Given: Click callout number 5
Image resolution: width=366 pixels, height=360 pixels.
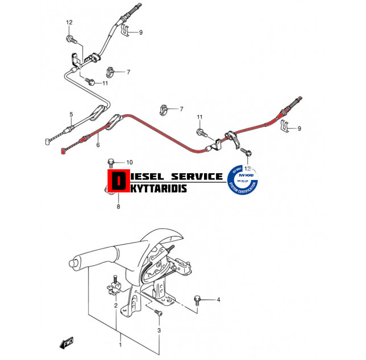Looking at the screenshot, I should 71,115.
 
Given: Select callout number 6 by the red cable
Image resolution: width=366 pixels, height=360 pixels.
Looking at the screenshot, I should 98,145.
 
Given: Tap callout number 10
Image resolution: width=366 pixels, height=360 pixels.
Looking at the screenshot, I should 129,162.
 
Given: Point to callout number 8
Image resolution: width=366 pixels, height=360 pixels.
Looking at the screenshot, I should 118,207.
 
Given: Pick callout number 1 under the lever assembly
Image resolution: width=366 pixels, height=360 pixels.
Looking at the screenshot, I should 120,345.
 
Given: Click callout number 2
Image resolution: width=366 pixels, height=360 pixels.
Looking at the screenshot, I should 115,305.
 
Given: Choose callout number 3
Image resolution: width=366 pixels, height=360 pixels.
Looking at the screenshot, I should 159,330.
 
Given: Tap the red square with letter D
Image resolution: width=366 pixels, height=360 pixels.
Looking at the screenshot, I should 118,181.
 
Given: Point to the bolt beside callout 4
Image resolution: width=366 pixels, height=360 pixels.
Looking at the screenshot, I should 198,299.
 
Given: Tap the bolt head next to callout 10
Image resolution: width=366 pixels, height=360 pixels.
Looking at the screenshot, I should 112,162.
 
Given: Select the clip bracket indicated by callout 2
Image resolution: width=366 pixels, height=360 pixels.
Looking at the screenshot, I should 114,287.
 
